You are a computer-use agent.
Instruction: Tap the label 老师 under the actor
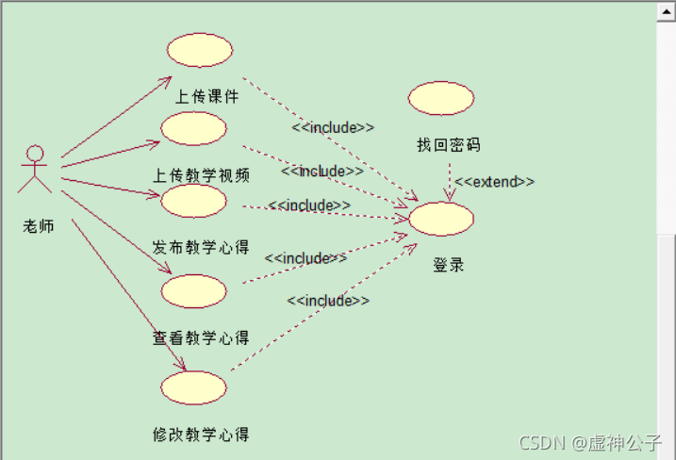tap(39, 225)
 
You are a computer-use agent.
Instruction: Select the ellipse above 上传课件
tap(199, 50)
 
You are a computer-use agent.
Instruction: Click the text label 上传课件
tap(207, 96)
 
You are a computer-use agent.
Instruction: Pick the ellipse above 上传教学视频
tap(193, 128)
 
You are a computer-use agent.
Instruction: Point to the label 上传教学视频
tap(202, 175)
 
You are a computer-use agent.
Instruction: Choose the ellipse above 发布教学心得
tap(193, 201)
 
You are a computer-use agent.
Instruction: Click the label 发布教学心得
tap(201, 247)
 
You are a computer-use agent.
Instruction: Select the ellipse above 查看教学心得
tap(193, 291)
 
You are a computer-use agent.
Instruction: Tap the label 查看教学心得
tap(201, 337)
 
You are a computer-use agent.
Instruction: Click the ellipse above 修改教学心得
tap(193, 387)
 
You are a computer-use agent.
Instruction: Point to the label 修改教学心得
tap(201, 435)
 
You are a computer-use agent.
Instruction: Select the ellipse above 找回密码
tap(441, 98)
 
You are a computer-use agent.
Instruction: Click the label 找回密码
tap(449, 144)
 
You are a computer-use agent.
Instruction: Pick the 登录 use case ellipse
tap(441, 218)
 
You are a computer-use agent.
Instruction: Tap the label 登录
tap(449, 265)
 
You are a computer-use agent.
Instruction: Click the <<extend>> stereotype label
tap(494, 182)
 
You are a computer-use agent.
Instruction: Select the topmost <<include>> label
tap(333, 127)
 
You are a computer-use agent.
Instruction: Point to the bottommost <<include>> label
tap(328, 301)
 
